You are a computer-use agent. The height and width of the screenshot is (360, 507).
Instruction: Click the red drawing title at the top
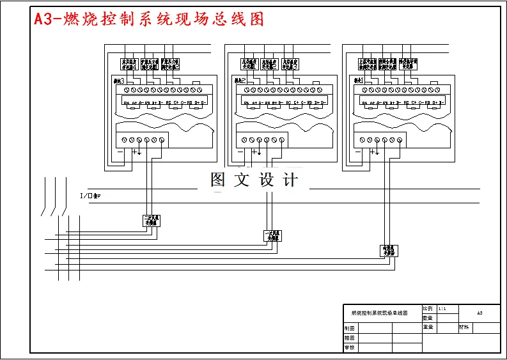pos(148,19)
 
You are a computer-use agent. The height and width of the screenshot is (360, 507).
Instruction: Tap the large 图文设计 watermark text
pos(254,180)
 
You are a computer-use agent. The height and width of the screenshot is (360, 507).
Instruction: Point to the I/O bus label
pos(90,196)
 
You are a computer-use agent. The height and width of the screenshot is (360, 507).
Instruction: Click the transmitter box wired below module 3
pos(152,221)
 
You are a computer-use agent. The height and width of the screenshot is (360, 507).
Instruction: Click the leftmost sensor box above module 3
pos(130,63)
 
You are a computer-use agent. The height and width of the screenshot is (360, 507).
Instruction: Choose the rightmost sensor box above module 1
pos(409,63)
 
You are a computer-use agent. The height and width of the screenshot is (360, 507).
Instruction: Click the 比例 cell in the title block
pos(428,308)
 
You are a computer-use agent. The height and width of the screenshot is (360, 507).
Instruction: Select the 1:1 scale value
pos(443,308)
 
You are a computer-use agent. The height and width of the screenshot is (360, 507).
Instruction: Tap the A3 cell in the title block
pos(480,313)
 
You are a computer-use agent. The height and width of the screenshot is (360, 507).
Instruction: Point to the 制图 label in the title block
pos(350,327)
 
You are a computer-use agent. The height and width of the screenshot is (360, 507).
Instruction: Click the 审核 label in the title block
pos(350,348)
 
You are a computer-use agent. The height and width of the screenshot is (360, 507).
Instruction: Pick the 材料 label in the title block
pos(464,327)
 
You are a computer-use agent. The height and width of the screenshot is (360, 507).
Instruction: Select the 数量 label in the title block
pos(428,317)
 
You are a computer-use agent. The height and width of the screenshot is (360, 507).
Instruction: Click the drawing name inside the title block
pos(380,313)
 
